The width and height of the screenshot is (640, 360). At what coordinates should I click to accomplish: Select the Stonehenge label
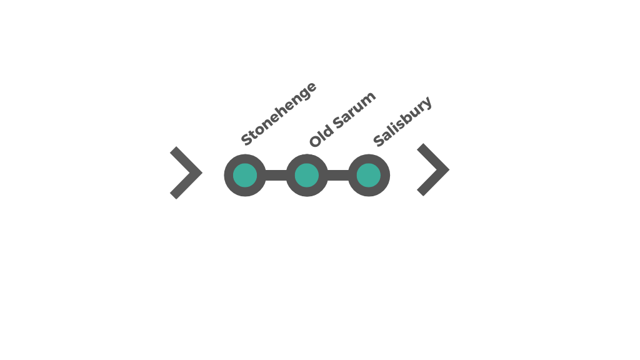click(x=279, y=114)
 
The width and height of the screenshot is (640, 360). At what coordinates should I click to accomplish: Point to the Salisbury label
click(x=402, y=121)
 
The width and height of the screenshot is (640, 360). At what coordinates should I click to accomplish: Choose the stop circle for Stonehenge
click(x=245, y=176)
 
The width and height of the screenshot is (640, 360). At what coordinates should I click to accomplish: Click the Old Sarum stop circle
click(x=307, y=176)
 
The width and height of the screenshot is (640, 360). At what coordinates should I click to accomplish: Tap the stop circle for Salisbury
click(x=369, y=176)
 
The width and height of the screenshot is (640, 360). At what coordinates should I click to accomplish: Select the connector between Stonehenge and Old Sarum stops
click(x=276, y=176)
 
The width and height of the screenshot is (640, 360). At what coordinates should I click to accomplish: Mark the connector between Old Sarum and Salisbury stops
click(x=337, y=176)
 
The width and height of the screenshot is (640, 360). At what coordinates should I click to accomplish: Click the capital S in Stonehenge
click(x=246, y=139)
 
